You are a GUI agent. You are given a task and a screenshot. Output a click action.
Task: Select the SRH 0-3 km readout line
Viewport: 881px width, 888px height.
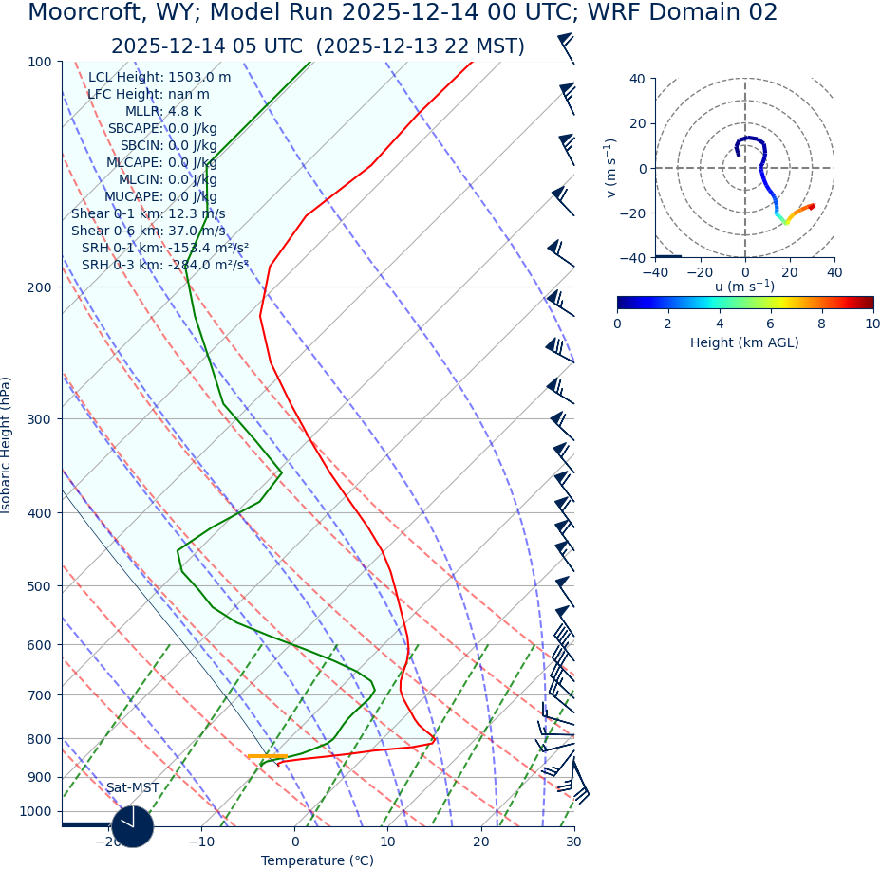click(164, 266)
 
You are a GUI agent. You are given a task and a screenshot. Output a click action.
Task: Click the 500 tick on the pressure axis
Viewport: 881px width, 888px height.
click(40, 586)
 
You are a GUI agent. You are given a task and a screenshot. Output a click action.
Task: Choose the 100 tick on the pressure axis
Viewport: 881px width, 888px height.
click(40, 62)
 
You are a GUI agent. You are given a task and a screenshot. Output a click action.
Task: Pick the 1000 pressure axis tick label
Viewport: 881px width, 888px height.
click(36, 811)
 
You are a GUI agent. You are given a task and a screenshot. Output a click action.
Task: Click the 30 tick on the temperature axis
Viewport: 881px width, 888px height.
click(573, 842)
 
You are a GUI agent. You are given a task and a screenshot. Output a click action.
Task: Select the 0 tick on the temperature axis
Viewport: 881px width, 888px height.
click(294, 842)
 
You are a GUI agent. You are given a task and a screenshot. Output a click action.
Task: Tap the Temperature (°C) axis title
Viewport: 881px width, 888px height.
click(317, 861)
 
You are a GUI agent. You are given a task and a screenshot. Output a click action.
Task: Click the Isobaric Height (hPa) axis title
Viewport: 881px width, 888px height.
click(7, 445)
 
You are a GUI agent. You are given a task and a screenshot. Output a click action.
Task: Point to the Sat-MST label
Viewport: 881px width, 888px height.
click(132, 788)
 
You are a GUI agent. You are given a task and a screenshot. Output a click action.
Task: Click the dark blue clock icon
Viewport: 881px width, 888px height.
click(132, 826)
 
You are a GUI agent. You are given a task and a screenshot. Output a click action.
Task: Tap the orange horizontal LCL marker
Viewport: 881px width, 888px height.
click(267, 756)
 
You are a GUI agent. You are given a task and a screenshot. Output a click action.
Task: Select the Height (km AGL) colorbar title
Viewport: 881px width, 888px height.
click(744, 343)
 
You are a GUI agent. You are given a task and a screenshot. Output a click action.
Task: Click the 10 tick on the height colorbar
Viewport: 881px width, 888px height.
click(872, 324)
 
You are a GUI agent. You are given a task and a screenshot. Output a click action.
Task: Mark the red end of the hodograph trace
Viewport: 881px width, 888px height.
click(812, 206)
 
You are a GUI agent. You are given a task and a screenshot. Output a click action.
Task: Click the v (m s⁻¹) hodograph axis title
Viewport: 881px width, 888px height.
click(610, 168)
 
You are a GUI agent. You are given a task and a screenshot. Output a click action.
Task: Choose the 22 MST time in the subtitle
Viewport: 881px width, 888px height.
click(475, 47)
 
